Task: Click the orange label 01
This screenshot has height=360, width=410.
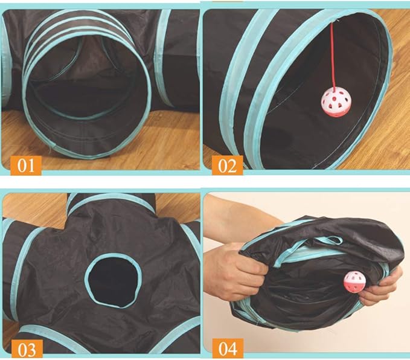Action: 23,164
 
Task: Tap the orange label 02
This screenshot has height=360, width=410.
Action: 226,164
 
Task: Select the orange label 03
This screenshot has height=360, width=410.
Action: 23,349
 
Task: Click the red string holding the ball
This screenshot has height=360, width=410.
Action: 332,54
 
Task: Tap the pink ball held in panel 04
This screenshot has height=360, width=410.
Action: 354,282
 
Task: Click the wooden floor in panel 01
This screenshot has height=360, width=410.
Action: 163,145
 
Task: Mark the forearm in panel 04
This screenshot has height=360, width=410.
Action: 239,223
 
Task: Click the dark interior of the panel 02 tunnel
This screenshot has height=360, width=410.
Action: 302,121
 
